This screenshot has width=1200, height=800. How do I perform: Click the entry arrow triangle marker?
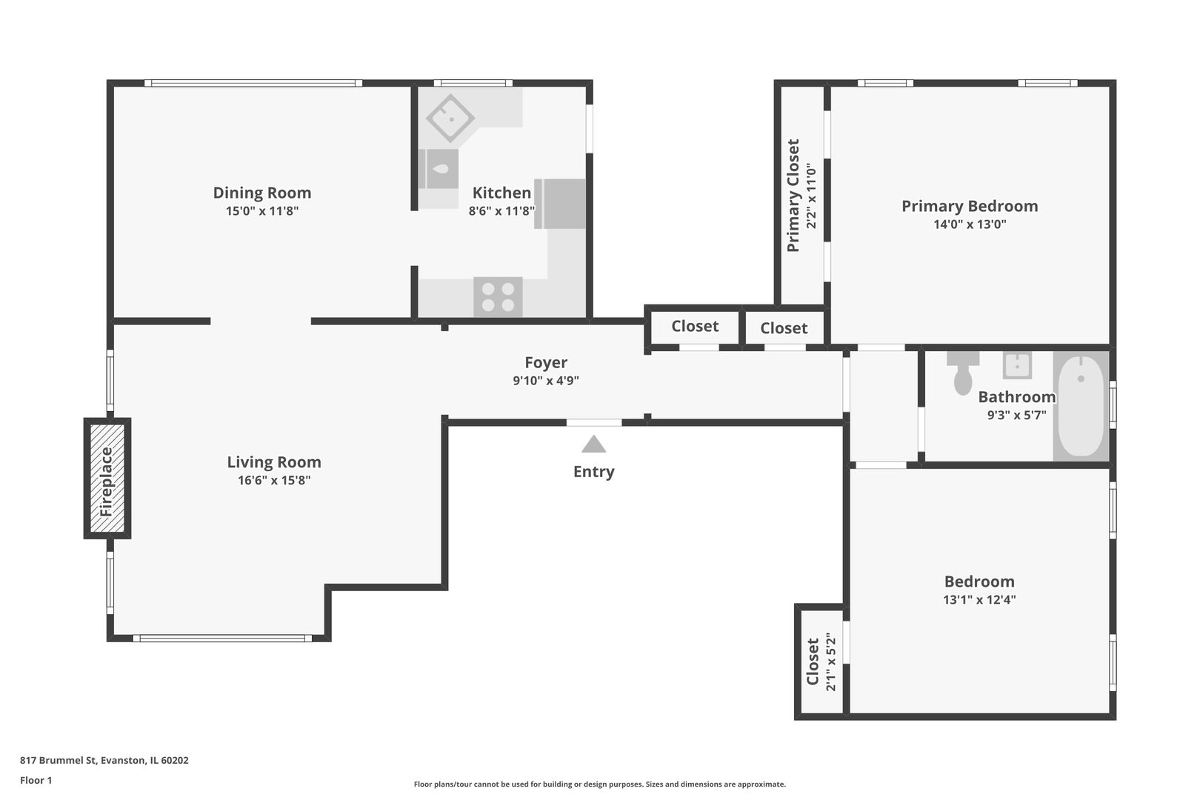point(593,444)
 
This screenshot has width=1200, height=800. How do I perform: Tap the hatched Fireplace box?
point(107,479)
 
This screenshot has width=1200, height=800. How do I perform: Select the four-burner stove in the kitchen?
point(498,297)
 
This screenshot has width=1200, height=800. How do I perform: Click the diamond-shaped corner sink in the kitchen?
point(450,117)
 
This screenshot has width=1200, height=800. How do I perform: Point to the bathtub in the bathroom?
point(1081,407)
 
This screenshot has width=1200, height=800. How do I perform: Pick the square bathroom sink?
point(1017,365)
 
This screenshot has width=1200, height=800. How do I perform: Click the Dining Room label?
point(262,193)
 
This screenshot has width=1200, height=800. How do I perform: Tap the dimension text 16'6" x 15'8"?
point(274,480)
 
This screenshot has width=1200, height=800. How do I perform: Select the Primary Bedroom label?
point(970,206)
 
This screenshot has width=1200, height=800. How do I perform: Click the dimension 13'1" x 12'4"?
point(979,600)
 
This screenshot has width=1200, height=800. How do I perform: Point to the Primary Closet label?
point(793,195)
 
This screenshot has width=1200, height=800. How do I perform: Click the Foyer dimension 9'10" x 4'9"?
point(546,381)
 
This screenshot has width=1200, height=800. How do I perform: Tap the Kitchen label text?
point(501,193)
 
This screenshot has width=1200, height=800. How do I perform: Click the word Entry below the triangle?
point(593,472)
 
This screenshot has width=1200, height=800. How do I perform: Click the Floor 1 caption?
point(36,780)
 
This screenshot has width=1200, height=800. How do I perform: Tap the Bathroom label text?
point(1016,396)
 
